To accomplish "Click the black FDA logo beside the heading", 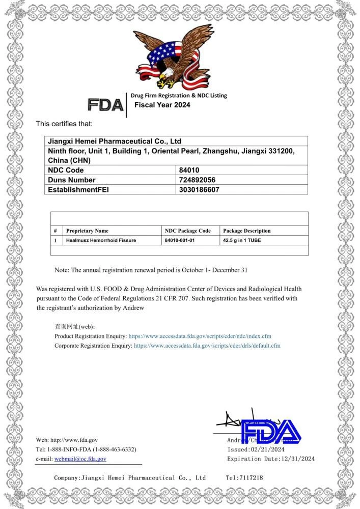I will click(x=105, y=105).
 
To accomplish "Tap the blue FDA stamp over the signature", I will click(x=270, y=432).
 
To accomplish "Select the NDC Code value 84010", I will click(x=188, y=170).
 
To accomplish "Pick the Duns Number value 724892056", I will click(x=197, y=180).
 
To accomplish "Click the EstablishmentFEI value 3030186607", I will click(x=199, y=189).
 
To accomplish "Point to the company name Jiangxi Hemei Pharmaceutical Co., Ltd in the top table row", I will click(x=115, y=141).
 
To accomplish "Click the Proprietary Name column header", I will click(x=87, y=231).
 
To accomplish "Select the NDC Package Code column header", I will click(x=187, y=231).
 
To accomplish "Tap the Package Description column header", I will click(x=247, y=231).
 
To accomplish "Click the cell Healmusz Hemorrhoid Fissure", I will click(x=101, y=240).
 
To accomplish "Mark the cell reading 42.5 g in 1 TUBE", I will click(x=242, y=240).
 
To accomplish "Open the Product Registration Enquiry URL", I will click(x=200, y=336).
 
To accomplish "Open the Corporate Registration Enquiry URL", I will click(x=207, y=346).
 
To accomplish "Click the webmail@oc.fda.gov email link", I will click(x=80, y=459).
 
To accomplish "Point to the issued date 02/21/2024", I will click(x=267, y=449).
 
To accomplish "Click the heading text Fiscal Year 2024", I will click(x=162, y=105).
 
